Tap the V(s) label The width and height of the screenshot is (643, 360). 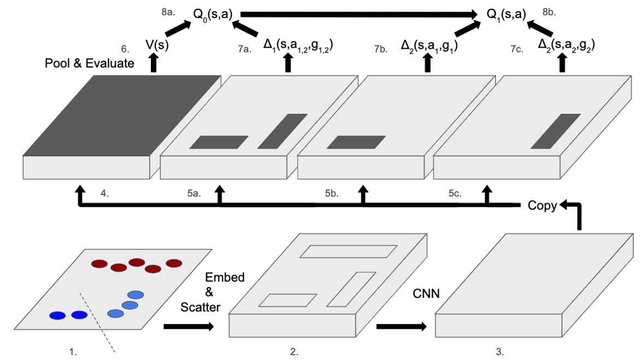click(x=157, y=45)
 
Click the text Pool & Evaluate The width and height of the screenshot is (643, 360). click(x=89, y=63)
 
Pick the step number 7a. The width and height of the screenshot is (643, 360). click(x=244, y=49)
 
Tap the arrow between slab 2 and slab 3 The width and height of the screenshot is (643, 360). click(x=401, y=327)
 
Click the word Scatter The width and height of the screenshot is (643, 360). click(x=201, y=307)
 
